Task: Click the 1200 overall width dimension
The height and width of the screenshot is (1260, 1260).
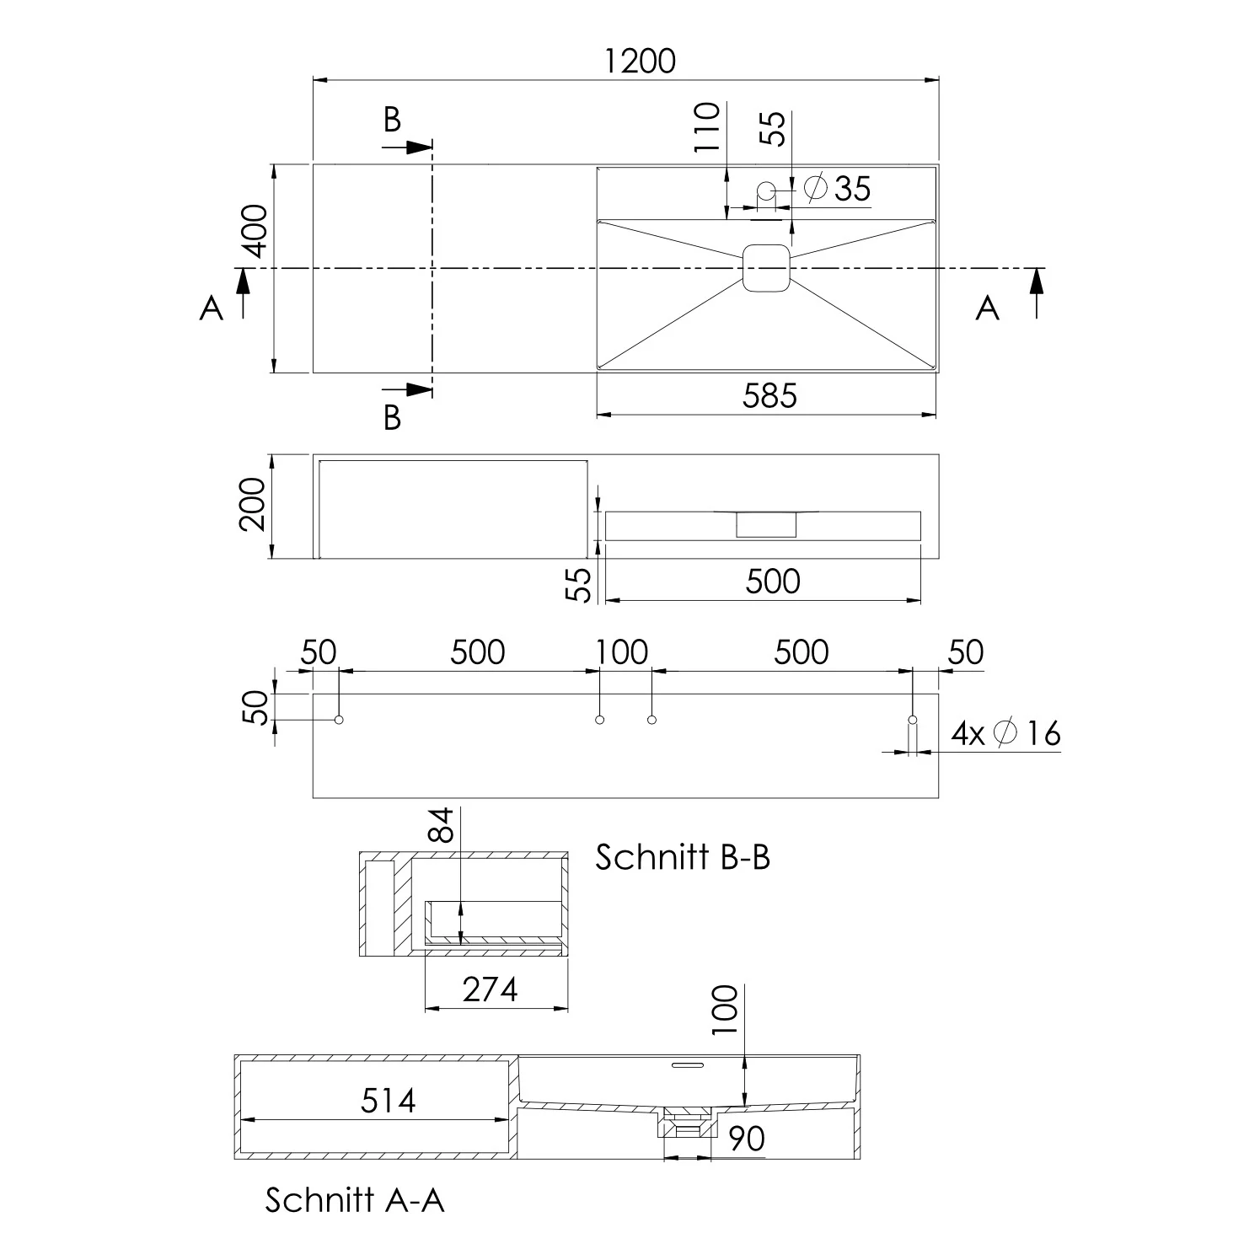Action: click(x=640, y=62)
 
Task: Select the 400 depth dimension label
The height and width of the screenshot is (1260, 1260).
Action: click(x=254, y=231)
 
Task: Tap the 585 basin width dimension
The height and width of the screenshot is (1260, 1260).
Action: click(x=769, y=395)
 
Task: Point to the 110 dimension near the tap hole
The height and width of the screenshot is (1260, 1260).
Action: click(x=708, y=126)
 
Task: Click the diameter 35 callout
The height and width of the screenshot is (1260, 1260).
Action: click(x=838, y=188)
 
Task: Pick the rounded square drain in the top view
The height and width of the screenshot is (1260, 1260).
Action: click(x=766, y=268)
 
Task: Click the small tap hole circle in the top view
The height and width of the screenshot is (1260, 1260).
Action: click(x=766, y=190)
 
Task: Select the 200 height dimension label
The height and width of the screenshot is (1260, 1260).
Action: click(x=252, y=504)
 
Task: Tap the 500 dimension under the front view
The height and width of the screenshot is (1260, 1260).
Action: click(x=772, y=582)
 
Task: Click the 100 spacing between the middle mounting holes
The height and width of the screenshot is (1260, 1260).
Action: click(x=622, y=652)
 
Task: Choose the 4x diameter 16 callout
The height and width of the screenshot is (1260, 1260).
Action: click(x=1005, y=733)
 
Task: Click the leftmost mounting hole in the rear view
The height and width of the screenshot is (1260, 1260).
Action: click(x=339, y=719)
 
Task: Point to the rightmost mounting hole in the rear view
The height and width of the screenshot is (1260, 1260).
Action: click(x=912, y=720)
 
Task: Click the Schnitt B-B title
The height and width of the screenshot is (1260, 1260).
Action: click(x=683, y=857)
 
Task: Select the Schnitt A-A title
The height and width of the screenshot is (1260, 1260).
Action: click(x=354, y=1199)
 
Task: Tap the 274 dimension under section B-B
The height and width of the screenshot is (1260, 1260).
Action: click(x=490, y=989)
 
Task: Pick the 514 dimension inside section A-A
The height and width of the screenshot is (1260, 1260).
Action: click(x=388, y=1101)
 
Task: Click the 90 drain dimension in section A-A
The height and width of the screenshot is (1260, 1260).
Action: click(x=746, y=1139)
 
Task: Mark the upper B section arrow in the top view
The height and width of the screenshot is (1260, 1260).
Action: click(x=408, y=147)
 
